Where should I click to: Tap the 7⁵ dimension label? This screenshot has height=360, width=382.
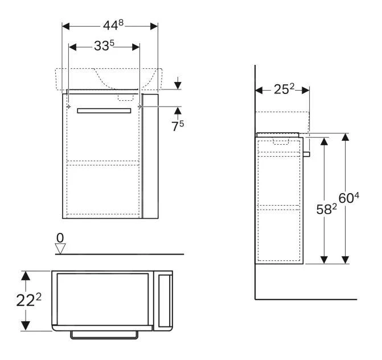pos(178,126)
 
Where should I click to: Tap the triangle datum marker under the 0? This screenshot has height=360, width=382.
pos(60,247)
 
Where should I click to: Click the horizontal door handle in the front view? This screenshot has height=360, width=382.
pos(104,111)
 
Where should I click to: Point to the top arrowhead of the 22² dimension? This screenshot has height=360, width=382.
pos(25,275)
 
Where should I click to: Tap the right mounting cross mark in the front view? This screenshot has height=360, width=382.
pos(139,107)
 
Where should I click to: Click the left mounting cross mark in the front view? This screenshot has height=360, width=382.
pos(68,107)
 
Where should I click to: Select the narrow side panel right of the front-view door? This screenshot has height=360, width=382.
pos(150,157)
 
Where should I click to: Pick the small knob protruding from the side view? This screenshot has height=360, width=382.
pos(306,153)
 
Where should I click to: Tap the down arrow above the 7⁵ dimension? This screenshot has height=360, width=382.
pos(178,84)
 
